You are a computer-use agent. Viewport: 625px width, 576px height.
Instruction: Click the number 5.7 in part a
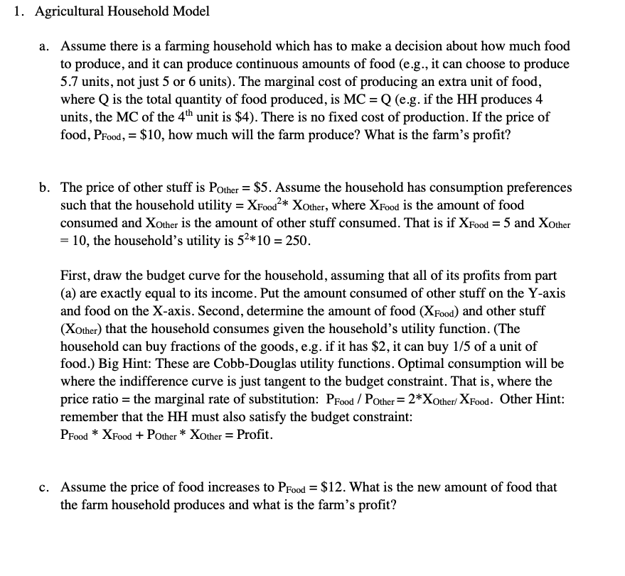tap(70, 82)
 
